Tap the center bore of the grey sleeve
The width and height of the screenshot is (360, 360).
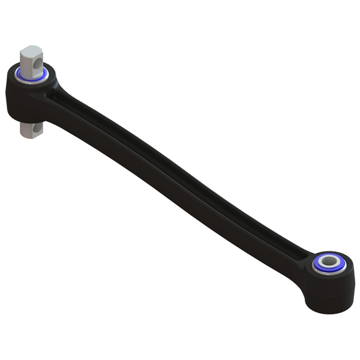point(329,261)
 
